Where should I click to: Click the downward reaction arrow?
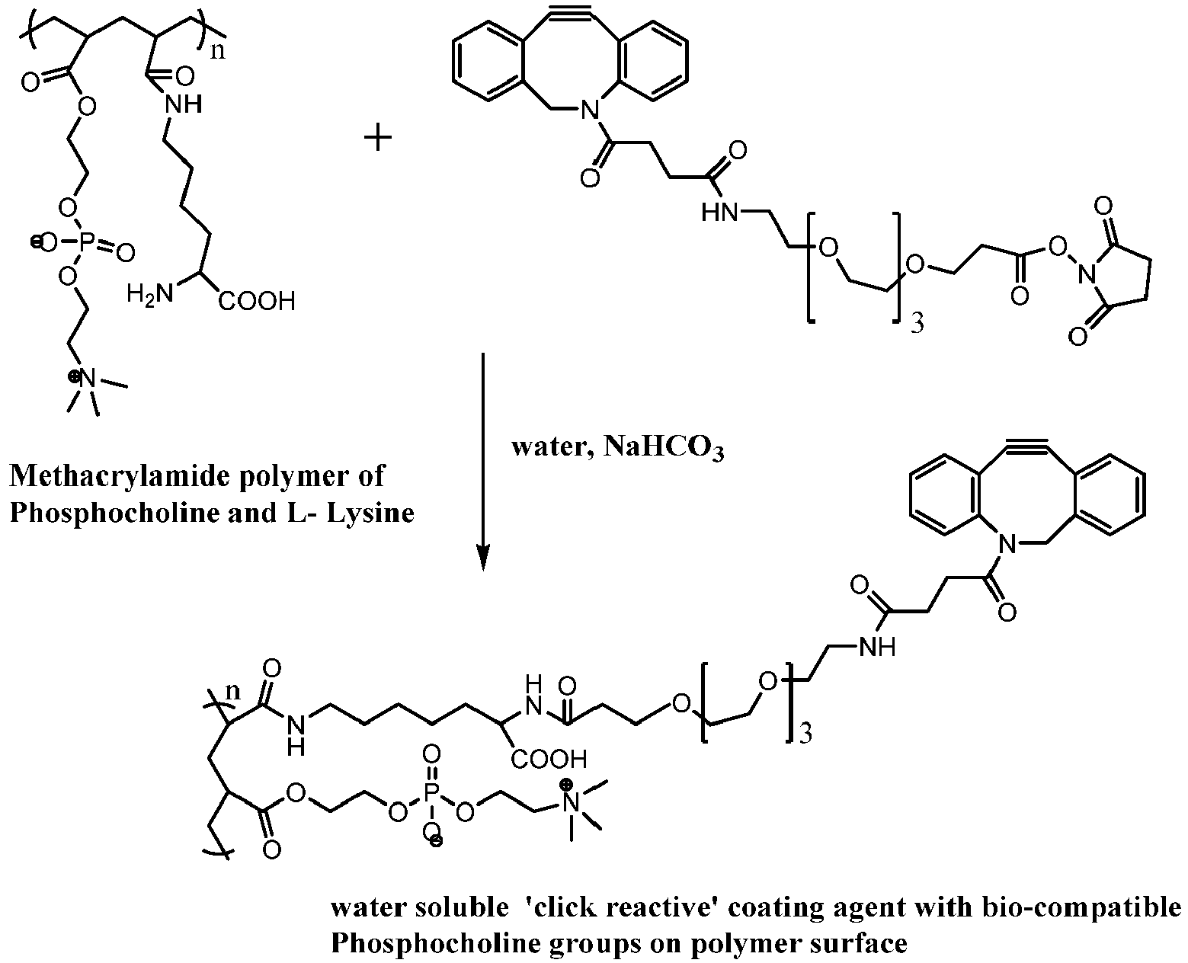click(x=483, y=462)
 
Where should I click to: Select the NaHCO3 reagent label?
click(x=664, y=448)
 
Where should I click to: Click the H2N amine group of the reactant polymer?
click(x=149, y=293)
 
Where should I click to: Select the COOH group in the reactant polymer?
click(x=257, y=302)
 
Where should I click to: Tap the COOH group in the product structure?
click(x=548, y=759)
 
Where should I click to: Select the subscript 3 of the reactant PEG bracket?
click(x=917, y=323)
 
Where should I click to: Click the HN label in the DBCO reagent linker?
click(x=719, y=213)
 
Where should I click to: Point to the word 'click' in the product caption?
click(x=564, y=907)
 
